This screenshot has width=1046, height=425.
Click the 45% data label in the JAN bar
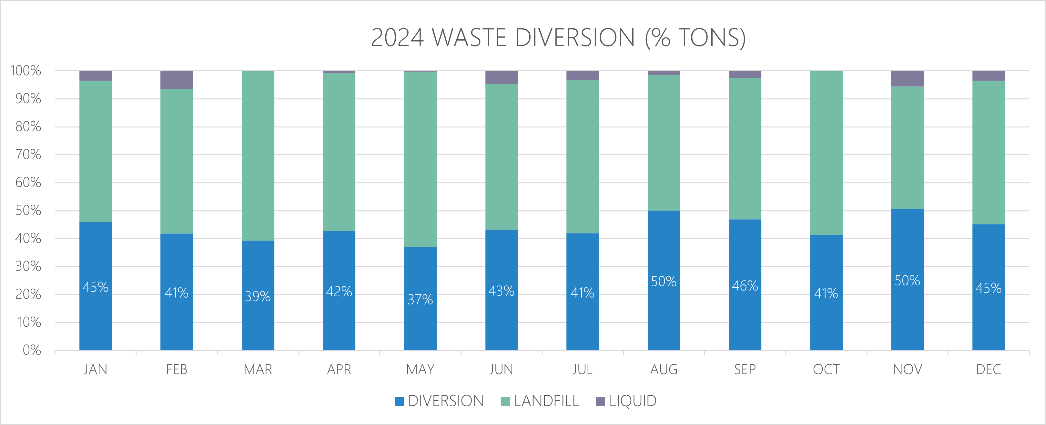96,287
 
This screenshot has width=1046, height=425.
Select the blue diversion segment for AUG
664,316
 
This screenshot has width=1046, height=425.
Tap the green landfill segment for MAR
258,156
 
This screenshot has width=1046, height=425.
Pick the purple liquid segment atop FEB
177,80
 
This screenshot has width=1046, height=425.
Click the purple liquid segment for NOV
907,79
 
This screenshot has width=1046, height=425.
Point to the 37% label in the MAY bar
420,300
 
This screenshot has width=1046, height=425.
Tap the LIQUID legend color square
600,401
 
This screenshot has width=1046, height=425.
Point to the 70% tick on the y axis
28,154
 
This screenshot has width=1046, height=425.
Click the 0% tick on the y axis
32,350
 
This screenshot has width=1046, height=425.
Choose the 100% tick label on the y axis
25,71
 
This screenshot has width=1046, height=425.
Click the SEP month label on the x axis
745,370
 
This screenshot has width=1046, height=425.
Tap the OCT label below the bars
826,370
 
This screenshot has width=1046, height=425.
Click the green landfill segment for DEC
988,152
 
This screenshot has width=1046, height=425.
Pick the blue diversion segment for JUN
502,324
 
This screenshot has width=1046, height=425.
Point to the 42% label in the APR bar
339,291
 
